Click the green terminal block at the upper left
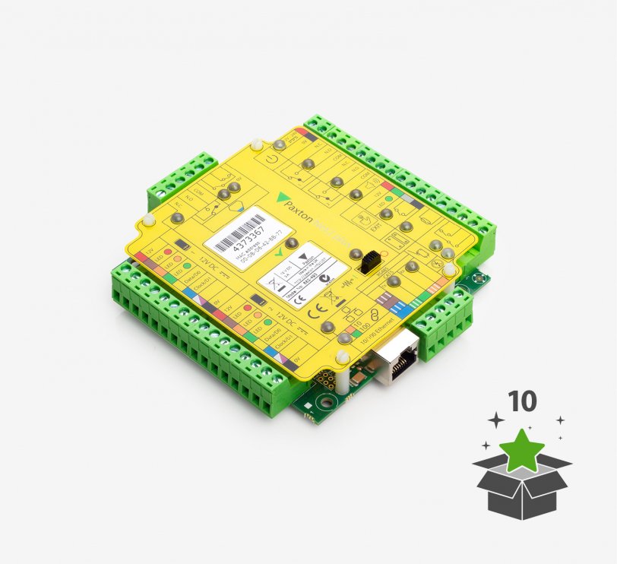tap(179, 179)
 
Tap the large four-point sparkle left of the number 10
tap(495, 420)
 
